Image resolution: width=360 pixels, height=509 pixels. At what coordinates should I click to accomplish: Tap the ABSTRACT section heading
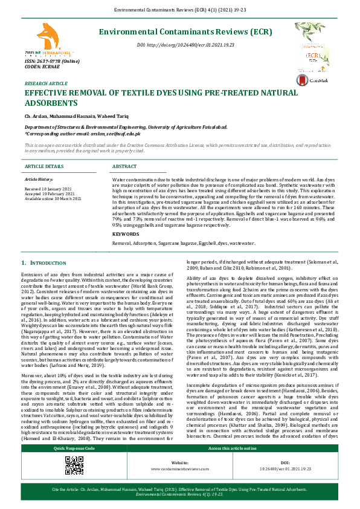pos(125,166)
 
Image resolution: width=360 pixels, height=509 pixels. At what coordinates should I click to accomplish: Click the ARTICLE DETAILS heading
pos(44,166)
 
